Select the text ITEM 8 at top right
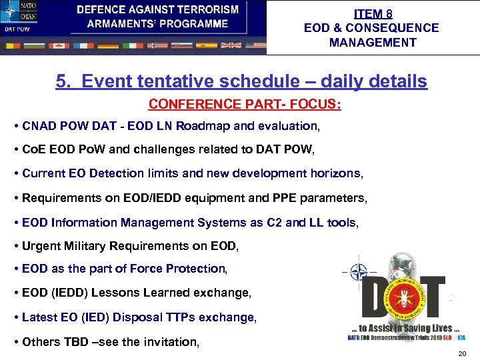pos(373,13)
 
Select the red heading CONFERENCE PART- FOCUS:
pos(244,105)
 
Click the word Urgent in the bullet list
pos(39,246)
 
